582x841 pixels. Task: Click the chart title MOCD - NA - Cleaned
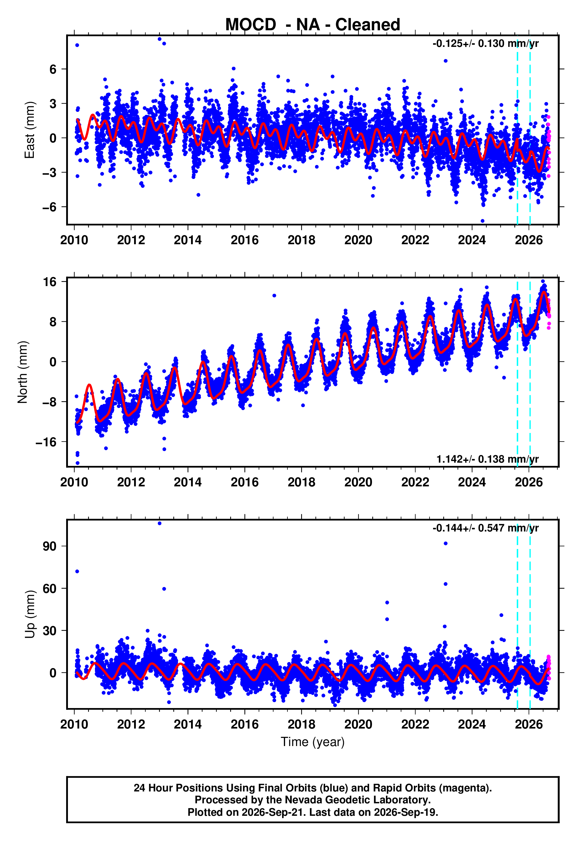pyautogui.click(x=313, y=25)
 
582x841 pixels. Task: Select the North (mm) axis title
pyautogui.click(x=23, y=372)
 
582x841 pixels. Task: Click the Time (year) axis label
pyautogui.click(x=313, y=742)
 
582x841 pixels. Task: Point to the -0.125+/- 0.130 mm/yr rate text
pyautogui.click(x=485, y=44)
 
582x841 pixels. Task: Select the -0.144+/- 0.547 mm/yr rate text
pyautogui.click(x=485, y=528)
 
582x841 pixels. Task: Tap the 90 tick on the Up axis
pyautogui.click(x=50, y=546)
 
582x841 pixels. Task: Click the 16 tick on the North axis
pyautogui.click(x=50, y=282)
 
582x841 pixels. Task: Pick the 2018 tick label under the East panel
pyautogui.click(x=301, y=240)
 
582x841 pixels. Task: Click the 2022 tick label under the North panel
pyautogui.click(x=415, y=482)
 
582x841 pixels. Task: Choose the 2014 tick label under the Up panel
pyautogui.click(x=187, y=724)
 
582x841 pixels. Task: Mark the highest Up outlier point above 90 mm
pyautogui.click(x=159, y=523)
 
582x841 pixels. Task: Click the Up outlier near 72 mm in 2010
pyautogui.click(x=77, y=572)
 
